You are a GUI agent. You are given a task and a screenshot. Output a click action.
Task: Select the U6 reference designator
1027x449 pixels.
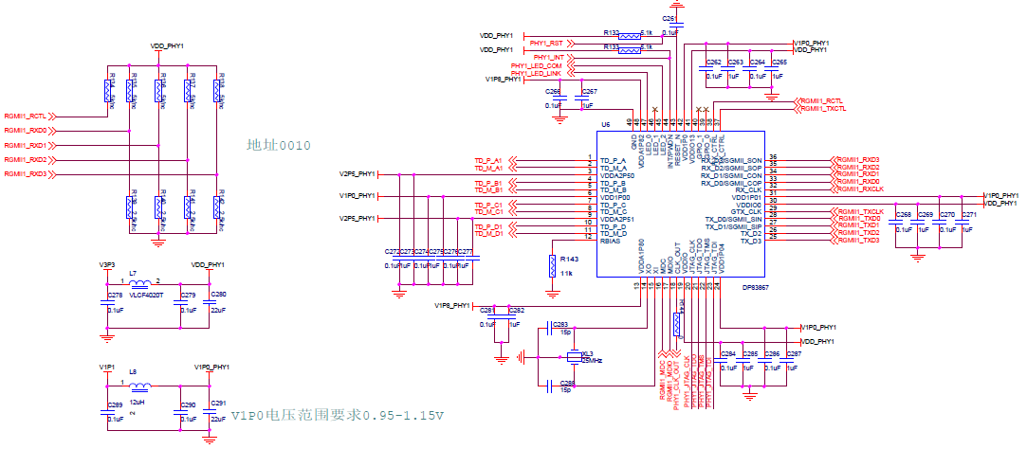(x=605, y=124)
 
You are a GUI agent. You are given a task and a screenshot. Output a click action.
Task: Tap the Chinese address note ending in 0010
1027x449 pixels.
(x=278, y=145)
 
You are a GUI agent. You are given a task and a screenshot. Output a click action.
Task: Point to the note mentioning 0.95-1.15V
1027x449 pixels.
(x=339, y=416)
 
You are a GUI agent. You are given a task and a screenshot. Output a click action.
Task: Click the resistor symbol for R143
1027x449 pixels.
(x=552, y=266)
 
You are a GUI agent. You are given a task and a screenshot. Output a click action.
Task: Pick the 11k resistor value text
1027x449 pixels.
(x=566, y=273)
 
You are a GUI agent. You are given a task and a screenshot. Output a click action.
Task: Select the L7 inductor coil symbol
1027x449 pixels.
(x=139, y=283)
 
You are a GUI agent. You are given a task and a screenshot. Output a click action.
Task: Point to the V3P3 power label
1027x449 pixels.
(x=106, y=264)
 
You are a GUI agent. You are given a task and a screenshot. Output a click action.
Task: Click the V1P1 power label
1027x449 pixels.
(x=106, y=366)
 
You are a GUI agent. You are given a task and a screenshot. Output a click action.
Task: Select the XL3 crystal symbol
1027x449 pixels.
(x=573, y=357)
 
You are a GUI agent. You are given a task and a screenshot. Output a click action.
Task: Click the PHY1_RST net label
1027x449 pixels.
(x=546, y=43)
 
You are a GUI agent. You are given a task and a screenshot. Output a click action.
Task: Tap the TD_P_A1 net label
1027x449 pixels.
(x=488, y=159)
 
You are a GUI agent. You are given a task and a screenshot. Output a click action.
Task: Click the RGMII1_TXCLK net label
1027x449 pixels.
(x=859, y=210)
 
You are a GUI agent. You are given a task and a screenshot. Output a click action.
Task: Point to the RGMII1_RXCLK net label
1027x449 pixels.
(x=859, y=189)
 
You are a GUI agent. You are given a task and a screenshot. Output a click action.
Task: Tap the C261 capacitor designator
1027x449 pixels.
(x=670, y=18)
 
